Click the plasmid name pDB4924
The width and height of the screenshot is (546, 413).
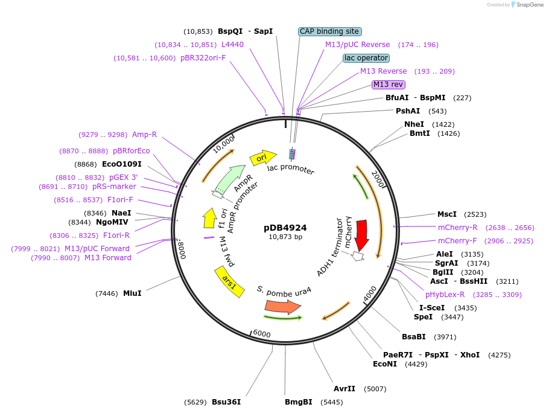[285, 228]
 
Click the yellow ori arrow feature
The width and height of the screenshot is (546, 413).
[260, 158]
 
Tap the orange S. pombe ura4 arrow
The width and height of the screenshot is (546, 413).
[282, 307]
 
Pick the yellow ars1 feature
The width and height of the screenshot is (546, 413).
[230, 282]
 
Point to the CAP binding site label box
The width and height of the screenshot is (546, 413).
[329, 31]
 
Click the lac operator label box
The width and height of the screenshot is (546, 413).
[366, 58]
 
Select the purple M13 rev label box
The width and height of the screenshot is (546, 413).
[388, 85]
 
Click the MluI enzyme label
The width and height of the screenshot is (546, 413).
[132, 293]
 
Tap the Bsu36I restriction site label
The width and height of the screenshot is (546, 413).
[226, 402]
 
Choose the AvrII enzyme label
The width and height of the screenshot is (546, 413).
[344, 389]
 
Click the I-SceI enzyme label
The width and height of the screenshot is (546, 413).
[431, 308]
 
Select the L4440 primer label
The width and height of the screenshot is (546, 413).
[232, 45]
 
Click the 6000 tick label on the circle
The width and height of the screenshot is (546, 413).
[261, 334]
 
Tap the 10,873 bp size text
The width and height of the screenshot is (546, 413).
[285, 237]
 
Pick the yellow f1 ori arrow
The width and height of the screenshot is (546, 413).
[210, 218]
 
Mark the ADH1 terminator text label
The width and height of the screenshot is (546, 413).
[331, 244]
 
